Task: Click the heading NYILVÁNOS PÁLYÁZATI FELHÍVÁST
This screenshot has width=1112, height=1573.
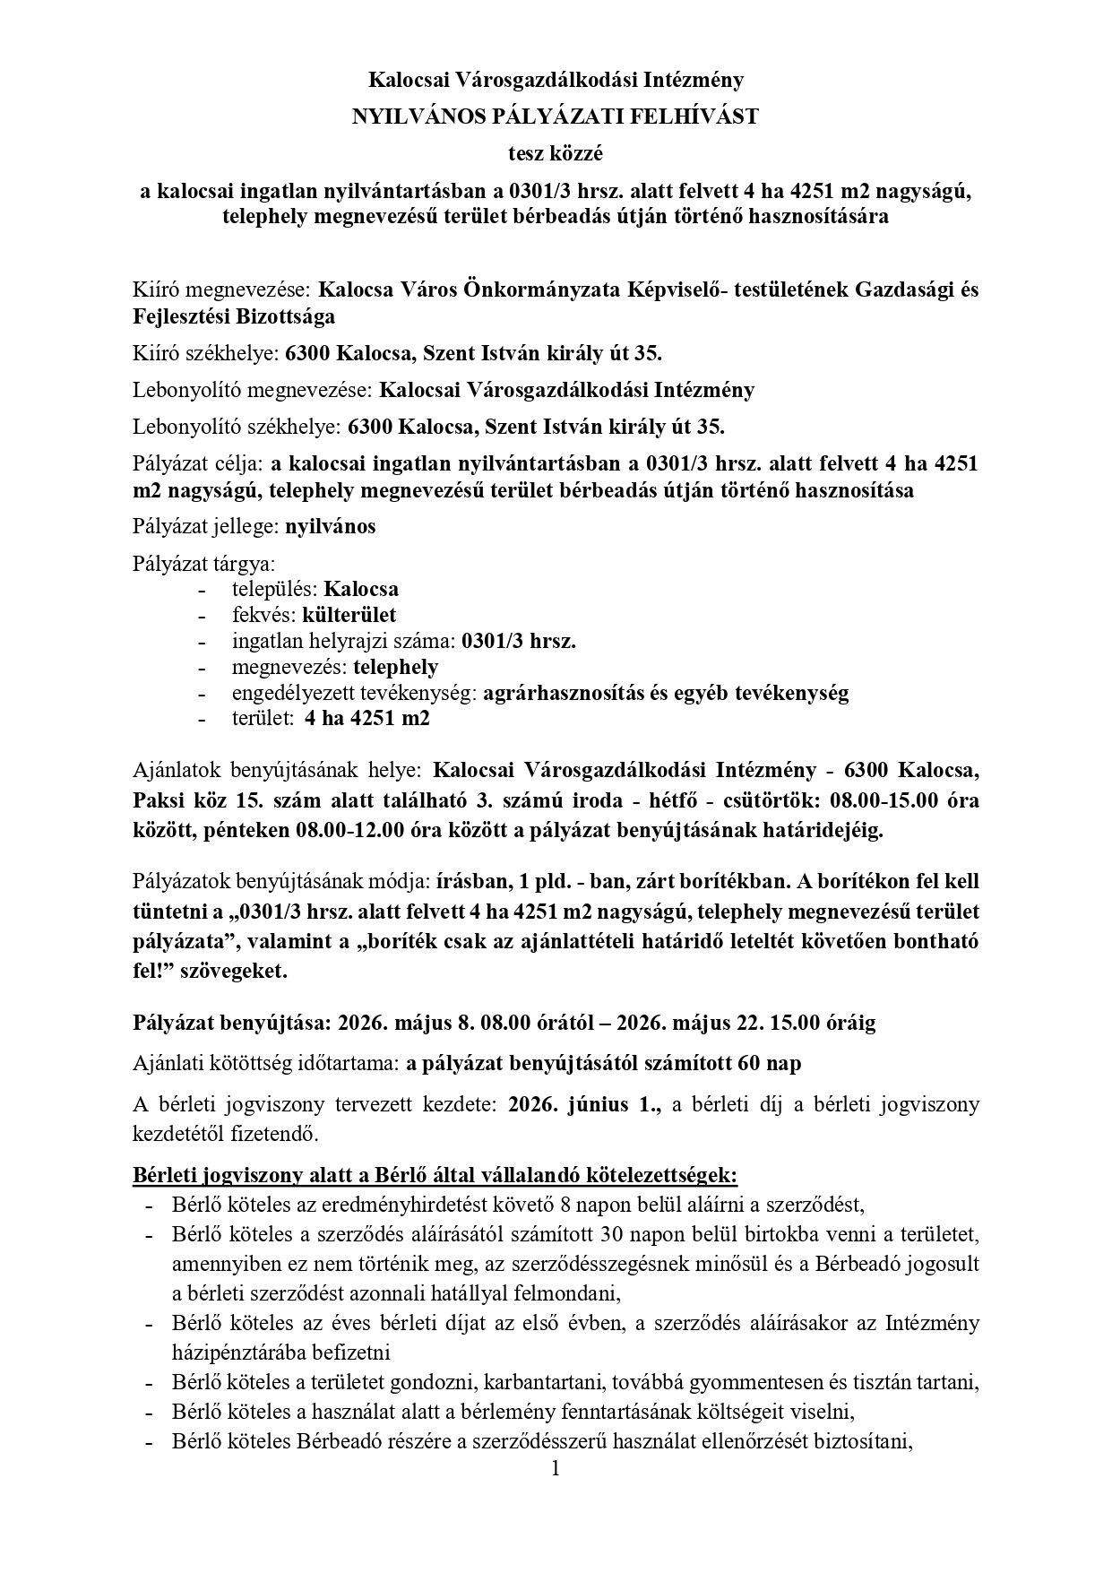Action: [556, 117]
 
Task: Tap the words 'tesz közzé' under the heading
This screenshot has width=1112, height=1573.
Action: [556, 153]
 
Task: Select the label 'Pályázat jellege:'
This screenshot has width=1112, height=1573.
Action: [205, 526]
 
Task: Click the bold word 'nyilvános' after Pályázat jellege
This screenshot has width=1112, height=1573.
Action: [330, 526]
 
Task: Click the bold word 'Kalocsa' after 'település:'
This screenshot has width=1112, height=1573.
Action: [361, 589]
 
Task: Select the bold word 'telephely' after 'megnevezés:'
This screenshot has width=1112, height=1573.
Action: [395, 667]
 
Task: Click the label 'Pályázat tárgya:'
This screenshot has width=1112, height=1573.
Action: [204, 564]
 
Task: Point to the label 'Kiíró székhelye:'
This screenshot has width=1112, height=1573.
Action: [205, 353]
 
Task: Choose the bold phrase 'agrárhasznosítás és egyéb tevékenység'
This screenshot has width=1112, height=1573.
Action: [665, 693]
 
